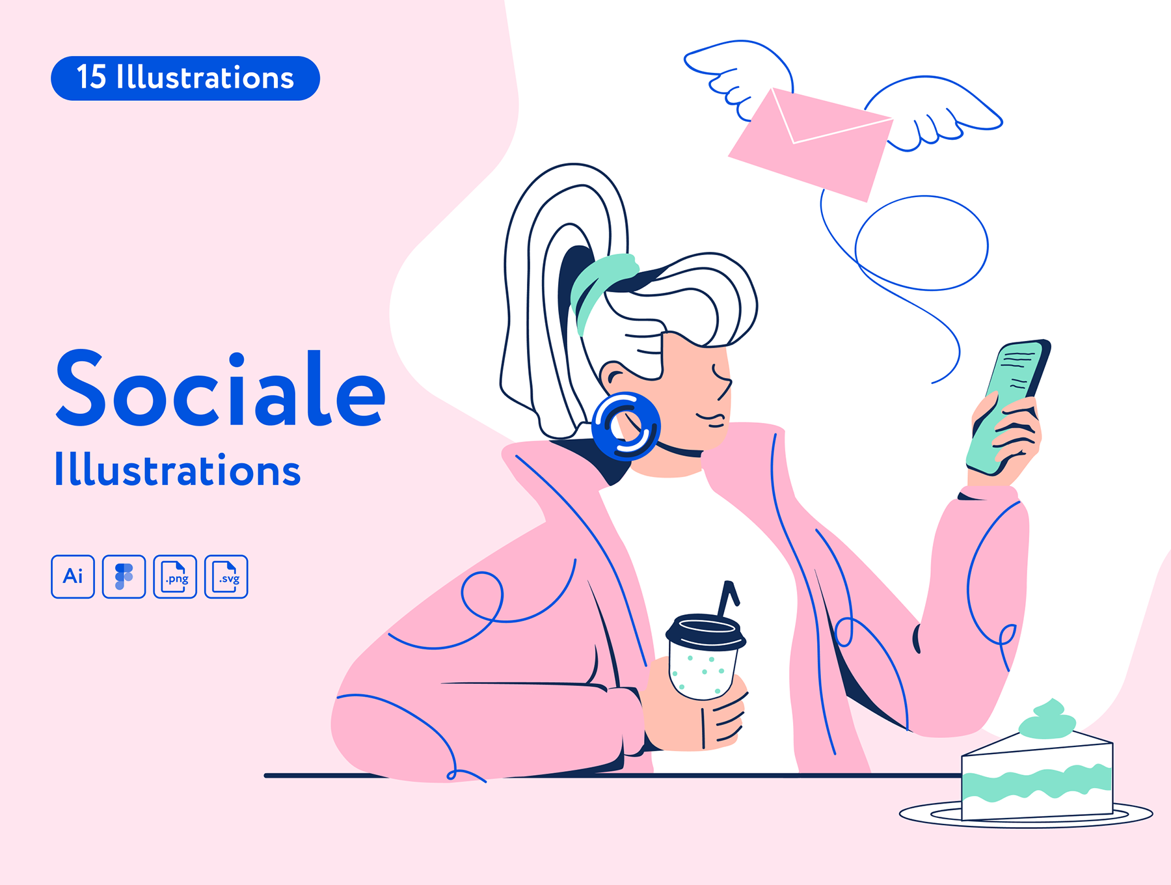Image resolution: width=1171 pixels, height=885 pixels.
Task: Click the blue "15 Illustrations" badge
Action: [x=185, y=78]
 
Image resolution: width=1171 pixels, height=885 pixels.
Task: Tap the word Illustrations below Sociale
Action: [x=177, y=470]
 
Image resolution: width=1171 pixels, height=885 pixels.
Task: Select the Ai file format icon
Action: [x=73, y=577]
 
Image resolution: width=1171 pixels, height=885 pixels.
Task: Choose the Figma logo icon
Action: [x=124, y=577]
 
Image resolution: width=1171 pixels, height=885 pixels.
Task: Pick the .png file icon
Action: [x=175, y=577]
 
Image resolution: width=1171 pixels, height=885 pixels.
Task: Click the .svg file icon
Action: [x=226, y=577]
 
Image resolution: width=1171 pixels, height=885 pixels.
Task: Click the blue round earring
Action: [x=626, y=427]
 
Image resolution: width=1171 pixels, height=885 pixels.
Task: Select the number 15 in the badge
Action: [x=91, y=77]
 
